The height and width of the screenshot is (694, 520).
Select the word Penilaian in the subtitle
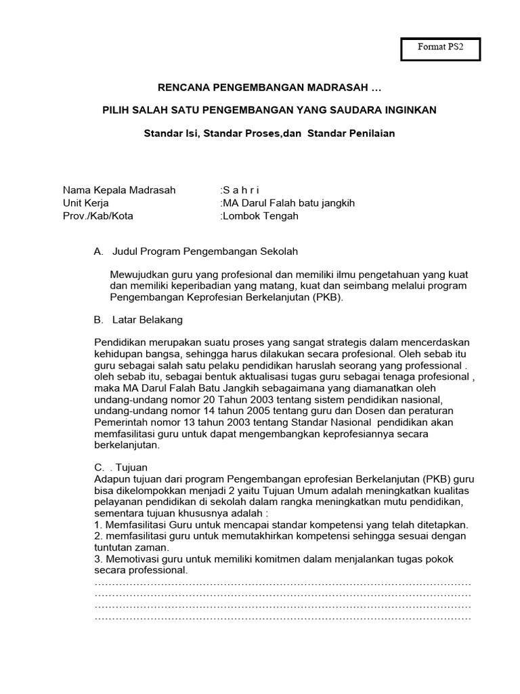[x=370, y=133]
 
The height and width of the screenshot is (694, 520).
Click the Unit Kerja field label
[x=86, y=203]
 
